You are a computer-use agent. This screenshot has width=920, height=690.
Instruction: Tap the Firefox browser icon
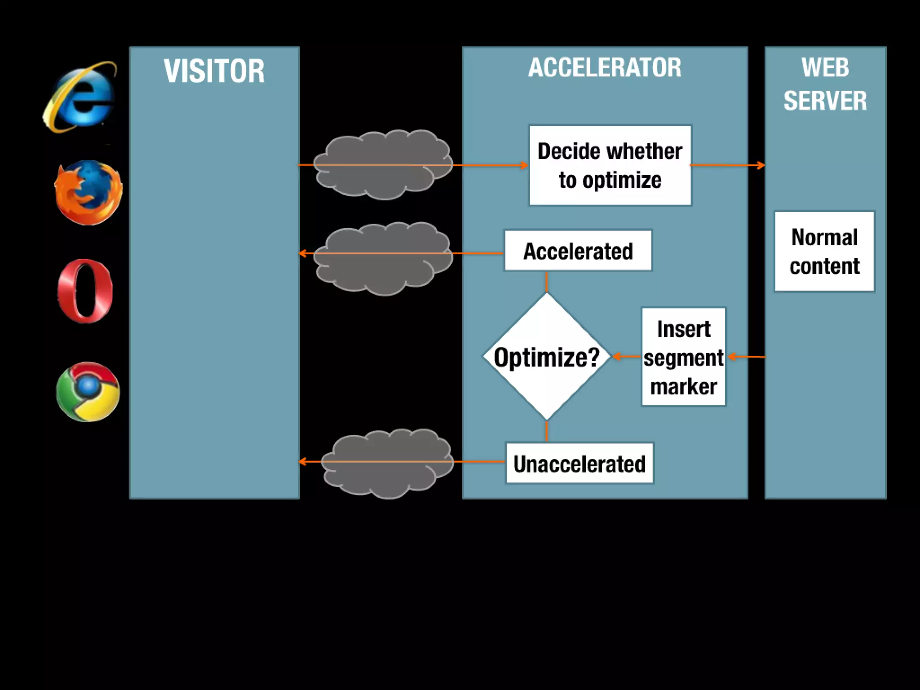[x=88, y=192]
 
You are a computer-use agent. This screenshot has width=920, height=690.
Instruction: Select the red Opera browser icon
[x=85, y=291]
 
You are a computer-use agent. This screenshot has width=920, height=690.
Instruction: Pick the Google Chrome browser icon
[x=88, y=392]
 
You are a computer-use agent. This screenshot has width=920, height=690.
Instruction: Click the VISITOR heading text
[x=214, y=71]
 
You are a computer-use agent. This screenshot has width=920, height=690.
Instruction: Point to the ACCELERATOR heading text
[x=605, y=68]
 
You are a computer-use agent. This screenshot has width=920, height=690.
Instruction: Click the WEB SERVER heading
[x=825, y=84]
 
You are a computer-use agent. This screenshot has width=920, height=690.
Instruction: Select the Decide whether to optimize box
[x=610, y=165]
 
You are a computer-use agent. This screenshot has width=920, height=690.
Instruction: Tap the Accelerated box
[x=578, y=251]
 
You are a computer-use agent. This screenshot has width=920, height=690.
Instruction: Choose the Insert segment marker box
[x=683, y=357]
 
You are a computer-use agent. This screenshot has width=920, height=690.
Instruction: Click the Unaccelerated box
[x=579, y=464]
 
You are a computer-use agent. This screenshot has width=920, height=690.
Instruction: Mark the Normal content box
[x=824, y=252]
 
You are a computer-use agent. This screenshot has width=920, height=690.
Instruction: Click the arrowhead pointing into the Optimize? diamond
[x=617, y=357]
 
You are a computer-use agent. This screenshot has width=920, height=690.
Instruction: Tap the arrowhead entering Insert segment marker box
[x=732, y=357]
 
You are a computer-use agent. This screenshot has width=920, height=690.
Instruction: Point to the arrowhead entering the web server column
[x=761, y=165]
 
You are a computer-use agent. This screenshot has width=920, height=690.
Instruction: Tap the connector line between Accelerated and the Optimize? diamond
[x=546, y=282]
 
